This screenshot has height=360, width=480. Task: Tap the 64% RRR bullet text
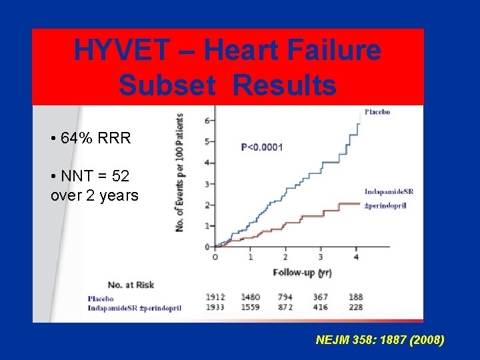click(x=91, y=139)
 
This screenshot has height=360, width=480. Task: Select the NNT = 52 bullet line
click(x=90, y=176)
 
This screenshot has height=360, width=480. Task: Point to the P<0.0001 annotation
click(x=261, y=147)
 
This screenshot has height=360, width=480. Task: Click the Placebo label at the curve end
click(x=377, y=112)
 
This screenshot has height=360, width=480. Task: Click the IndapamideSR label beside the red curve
click(x=389, y=192)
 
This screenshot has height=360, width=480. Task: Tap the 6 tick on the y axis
click(x=208, y=121)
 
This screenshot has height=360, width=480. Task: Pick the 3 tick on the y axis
click(x=208, y=183)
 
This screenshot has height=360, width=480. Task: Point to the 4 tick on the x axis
click(x=356, y=257)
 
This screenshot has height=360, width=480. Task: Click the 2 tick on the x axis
click(x=285, y=257)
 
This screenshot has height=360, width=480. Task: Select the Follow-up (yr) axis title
click(x=302, y=273)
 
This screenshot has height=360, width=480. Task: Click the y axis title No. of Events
click(x=180, y=173)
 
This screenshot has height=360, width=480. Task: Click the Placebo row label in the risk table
click(x=101, y=299)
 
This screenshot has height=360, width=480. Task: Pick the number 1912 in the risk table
click(x=215, y=297)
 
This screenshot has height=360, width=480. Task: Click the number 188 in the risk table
click(x=356, y=297)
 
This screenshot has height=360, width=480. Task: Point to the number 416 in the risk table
click(x=321, y=307)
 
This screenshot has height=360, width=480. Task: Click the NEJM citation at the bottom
click(x=379, y=340)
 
